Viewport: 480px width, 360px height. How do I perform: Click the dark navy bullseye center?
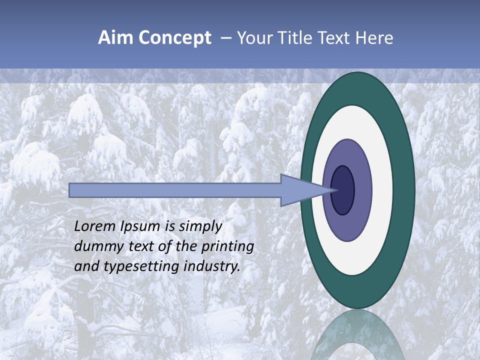tap(343, 190)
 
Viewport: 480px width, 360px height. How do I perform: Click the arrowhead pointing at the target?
tap(305, 190)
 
